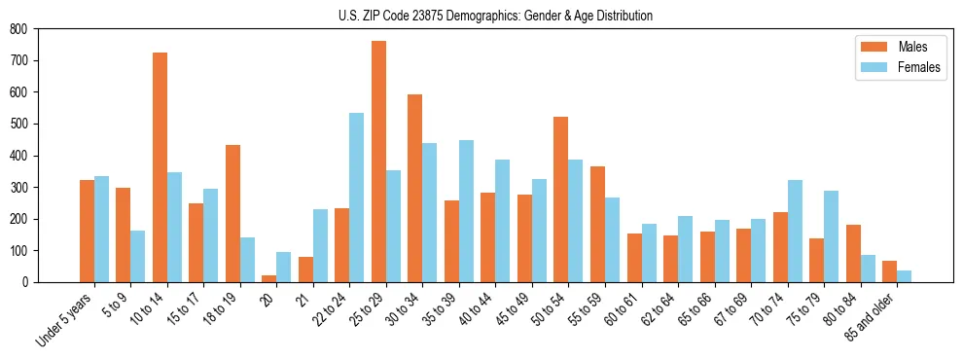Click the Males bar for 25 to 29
(378, 162)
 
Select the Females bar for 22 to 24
(357, 198)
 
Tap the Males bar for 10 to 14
(160, 167)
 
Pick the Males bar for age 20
(269, 278)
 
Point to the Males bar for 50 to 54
(561, 199)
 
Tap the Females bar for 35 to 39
(466, 211)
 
